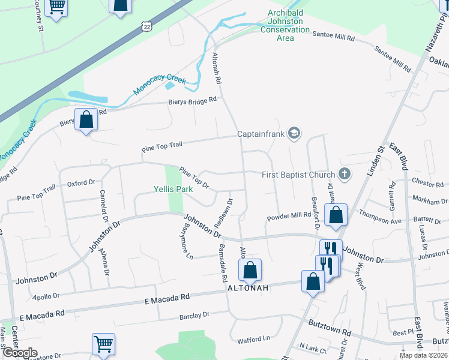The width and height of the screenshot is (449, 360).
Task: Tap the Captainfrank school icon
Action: pyautogui.click(x=294, y=133)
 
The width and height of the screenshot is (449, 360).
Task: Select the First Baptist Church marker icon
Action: pyautogui.click(x=344, y=175)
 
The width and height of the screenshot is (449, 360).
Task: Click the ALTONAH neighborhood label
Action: pyautogui.click(x=246, y=288)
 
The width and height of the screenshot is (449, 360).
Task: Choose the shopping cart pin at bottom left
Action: pyautogui.click(x=103, y=345)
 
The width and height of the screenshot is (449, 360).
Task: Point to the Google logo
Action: pyautogui.click(x=19, y=353)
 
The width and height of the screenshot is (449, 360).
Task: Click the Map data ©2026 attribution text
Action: pyautogui.click(x=423, y=355)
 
